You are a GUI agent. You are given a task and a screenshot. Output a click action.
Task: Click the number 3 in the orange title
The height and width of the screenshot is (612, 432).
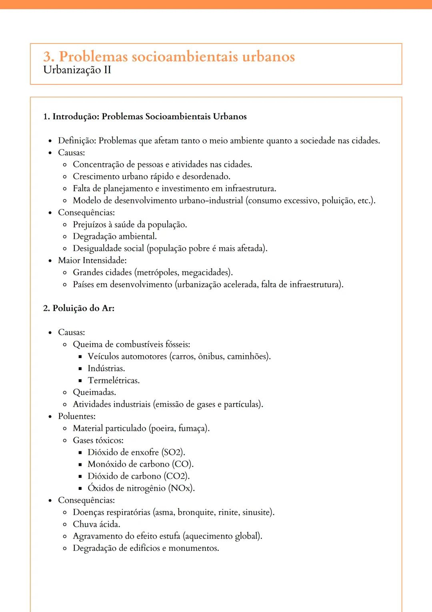coord(48,56)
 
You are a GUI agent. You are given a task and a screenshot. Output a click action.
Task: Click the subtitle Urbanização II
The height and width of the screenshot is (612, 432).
coord(77,70)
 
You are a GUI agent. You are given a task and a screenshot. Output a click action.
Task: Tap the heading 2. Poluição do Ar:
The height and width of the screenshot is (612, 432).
coord(79,308)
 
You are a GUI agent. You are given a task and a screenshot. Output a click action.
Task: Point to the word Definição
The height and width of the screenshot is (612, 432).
coord(76,141)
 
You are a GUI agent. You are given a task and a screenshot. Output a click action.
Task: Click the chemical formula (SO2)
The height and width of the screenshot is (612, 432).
coord(173,452)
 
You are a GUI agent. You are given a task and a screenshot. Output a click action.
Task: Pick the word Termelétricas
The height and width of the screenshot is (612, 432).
coord(114,380)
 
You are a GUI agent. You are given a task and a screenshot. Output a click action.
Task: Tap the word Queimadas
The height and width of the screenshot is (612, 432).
coord(94,393)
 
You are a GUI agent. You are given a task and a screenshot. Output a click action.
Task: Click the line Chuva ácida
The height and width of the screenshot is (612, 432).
coord(96,524)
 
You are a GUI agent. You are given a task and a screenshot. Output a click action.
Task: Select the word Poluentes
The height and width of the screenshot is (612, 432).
coord(76,416)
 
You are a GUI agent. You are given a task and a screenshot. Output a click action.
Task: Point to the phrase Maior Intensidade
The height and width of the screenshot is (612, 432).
coord(92,260)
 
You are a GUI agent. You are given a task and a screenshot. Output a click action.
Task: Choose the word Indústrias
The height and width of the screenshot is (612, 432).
coord(106,368)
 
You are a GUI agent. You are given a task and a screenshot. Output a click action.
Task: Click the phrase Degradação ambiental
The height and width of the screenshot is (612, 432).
coord(114,236)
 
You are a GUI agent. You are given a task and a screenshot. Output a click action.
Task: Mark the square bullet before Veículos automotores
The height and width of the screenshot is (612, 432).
coord(80,356)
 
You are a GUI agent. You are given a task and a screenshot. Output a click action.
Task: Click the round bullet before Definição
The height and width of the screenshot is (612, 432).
coord(50,141)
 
